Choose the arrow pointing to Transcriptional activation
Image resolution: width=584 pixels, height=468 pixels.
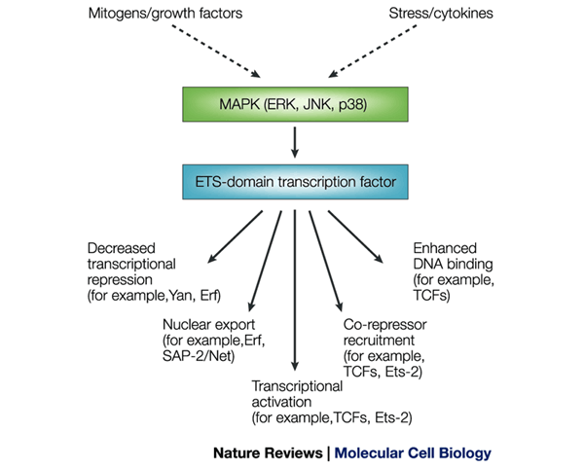click(293, 282)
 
